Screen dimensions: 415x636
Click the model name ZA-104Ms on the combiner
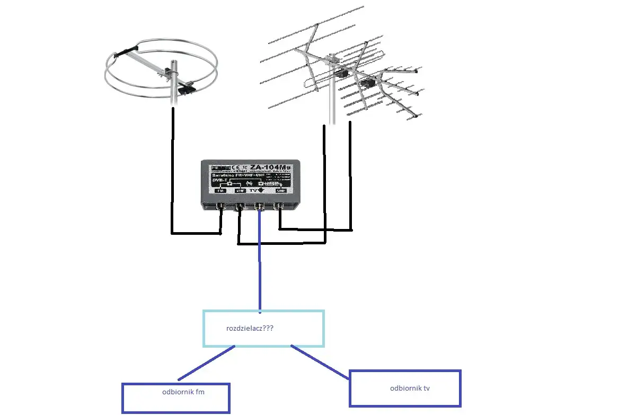click(x=271, y=167)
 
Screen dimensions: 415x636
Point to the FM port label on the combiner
click(x=220, y=190)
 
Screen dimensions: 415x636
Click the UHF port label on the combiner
click(x=281, y=190)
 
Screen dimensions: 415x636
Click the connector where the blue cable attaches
click(x=260, y=206)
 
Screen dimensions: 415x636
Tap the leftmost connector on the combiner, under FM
click(x=220, y=206)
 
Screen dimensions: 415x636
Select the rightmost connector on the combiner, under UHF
click(x=279, y=206)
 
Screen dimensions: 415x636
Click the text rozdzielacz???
click(x=250, y=328)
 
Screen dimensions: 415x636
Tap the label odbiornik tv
click(x=410, y=388)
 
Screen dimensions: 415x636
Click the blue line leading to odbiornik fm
click(x=207, y=363)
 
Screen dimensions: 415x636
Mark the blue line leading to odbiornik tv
click(x=321, y=361)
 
